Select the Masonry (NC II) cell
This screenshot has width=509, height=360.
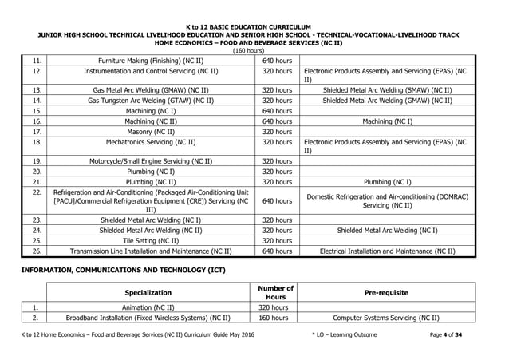152,132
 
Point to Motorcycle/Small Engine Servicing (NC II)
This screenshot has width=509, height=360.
152,160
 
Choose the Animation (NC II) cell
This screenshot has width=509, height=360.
152,306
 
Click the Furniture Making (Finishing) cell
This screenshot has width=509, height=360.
152,61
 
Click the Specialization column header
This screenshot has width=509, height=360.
152,293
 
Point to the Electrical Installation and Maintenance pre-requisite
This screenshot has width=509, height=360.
387,251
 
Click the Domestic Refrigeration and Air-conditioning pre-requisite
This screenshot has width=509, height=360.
387,201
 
